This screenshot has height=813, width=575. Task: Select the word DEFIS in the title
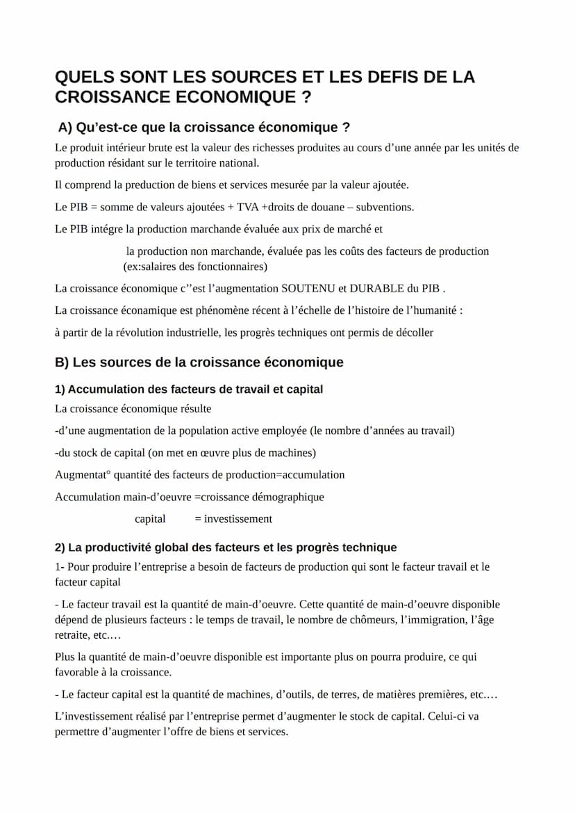(385, 77)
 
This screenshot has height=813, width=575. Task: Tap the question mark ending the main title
(306, 98)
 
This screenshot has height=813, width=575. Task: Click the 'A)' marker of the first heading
(66, 128)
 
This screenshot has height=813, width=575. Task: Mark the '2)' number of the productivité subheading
(60, 548)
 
